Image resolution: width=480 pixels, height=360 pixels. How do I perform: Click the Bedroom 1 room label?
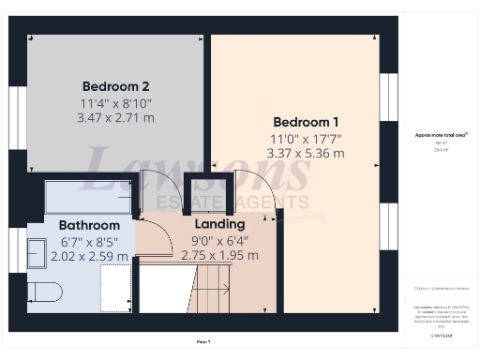306,123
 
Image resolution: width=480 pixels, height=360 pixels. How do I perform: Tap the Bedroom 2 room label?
114,82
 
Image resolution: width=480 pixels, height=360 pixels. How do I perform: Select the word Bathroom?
89,226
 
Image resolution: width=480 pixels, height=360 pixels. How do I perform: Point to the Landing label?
219,225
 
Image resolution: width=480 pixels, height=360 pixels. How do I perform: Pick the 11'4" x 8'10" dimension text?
116,104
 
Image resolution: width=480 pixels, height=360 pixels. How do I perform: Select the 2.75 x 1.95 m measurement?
218,255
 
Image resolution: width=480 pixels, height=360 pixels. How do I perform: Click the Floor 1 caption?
203,342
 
